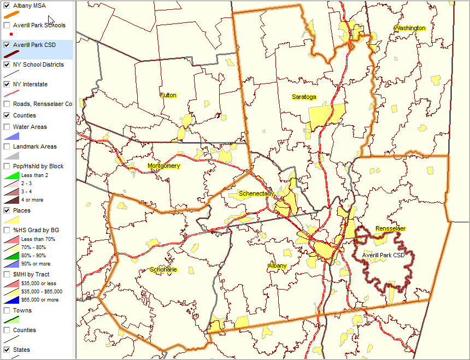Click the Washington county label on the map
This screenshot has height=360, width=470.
409,28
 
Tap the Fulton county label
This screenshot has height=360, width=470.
168,96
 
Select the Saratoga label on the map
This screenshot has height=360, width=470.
304,97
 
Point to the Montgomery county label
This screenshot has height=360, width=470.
163,166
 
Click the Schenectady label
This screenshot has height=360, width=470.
256,194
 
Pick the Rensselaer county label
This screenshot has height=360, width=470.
390,228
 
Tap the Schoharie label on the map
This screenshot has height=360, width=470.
163,270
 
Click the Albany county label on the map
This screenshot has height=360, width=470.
277,266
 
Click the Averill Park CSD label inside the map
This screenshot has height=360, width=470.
383,255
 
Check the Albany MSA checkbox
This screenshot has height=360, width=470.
7,5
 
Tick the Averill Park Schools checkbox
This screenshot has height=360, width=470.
7,25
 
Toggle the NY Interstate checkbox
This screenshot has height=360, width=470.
7,84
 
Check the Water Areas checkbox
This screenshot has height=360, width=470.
7,127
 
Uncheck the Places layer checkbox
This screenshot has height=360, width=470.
7,210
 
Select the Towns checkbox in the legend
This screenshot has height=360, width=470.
7,310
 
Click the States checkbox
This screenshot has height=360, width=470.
7,350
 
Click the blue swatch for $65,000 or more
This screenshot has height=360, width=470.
11,300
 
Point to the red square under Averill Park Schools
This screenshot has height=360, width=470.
11,34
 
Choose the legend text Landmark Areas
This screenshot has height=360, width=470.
35,146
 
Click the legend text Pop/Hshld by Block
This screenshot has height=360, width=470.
38,166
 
